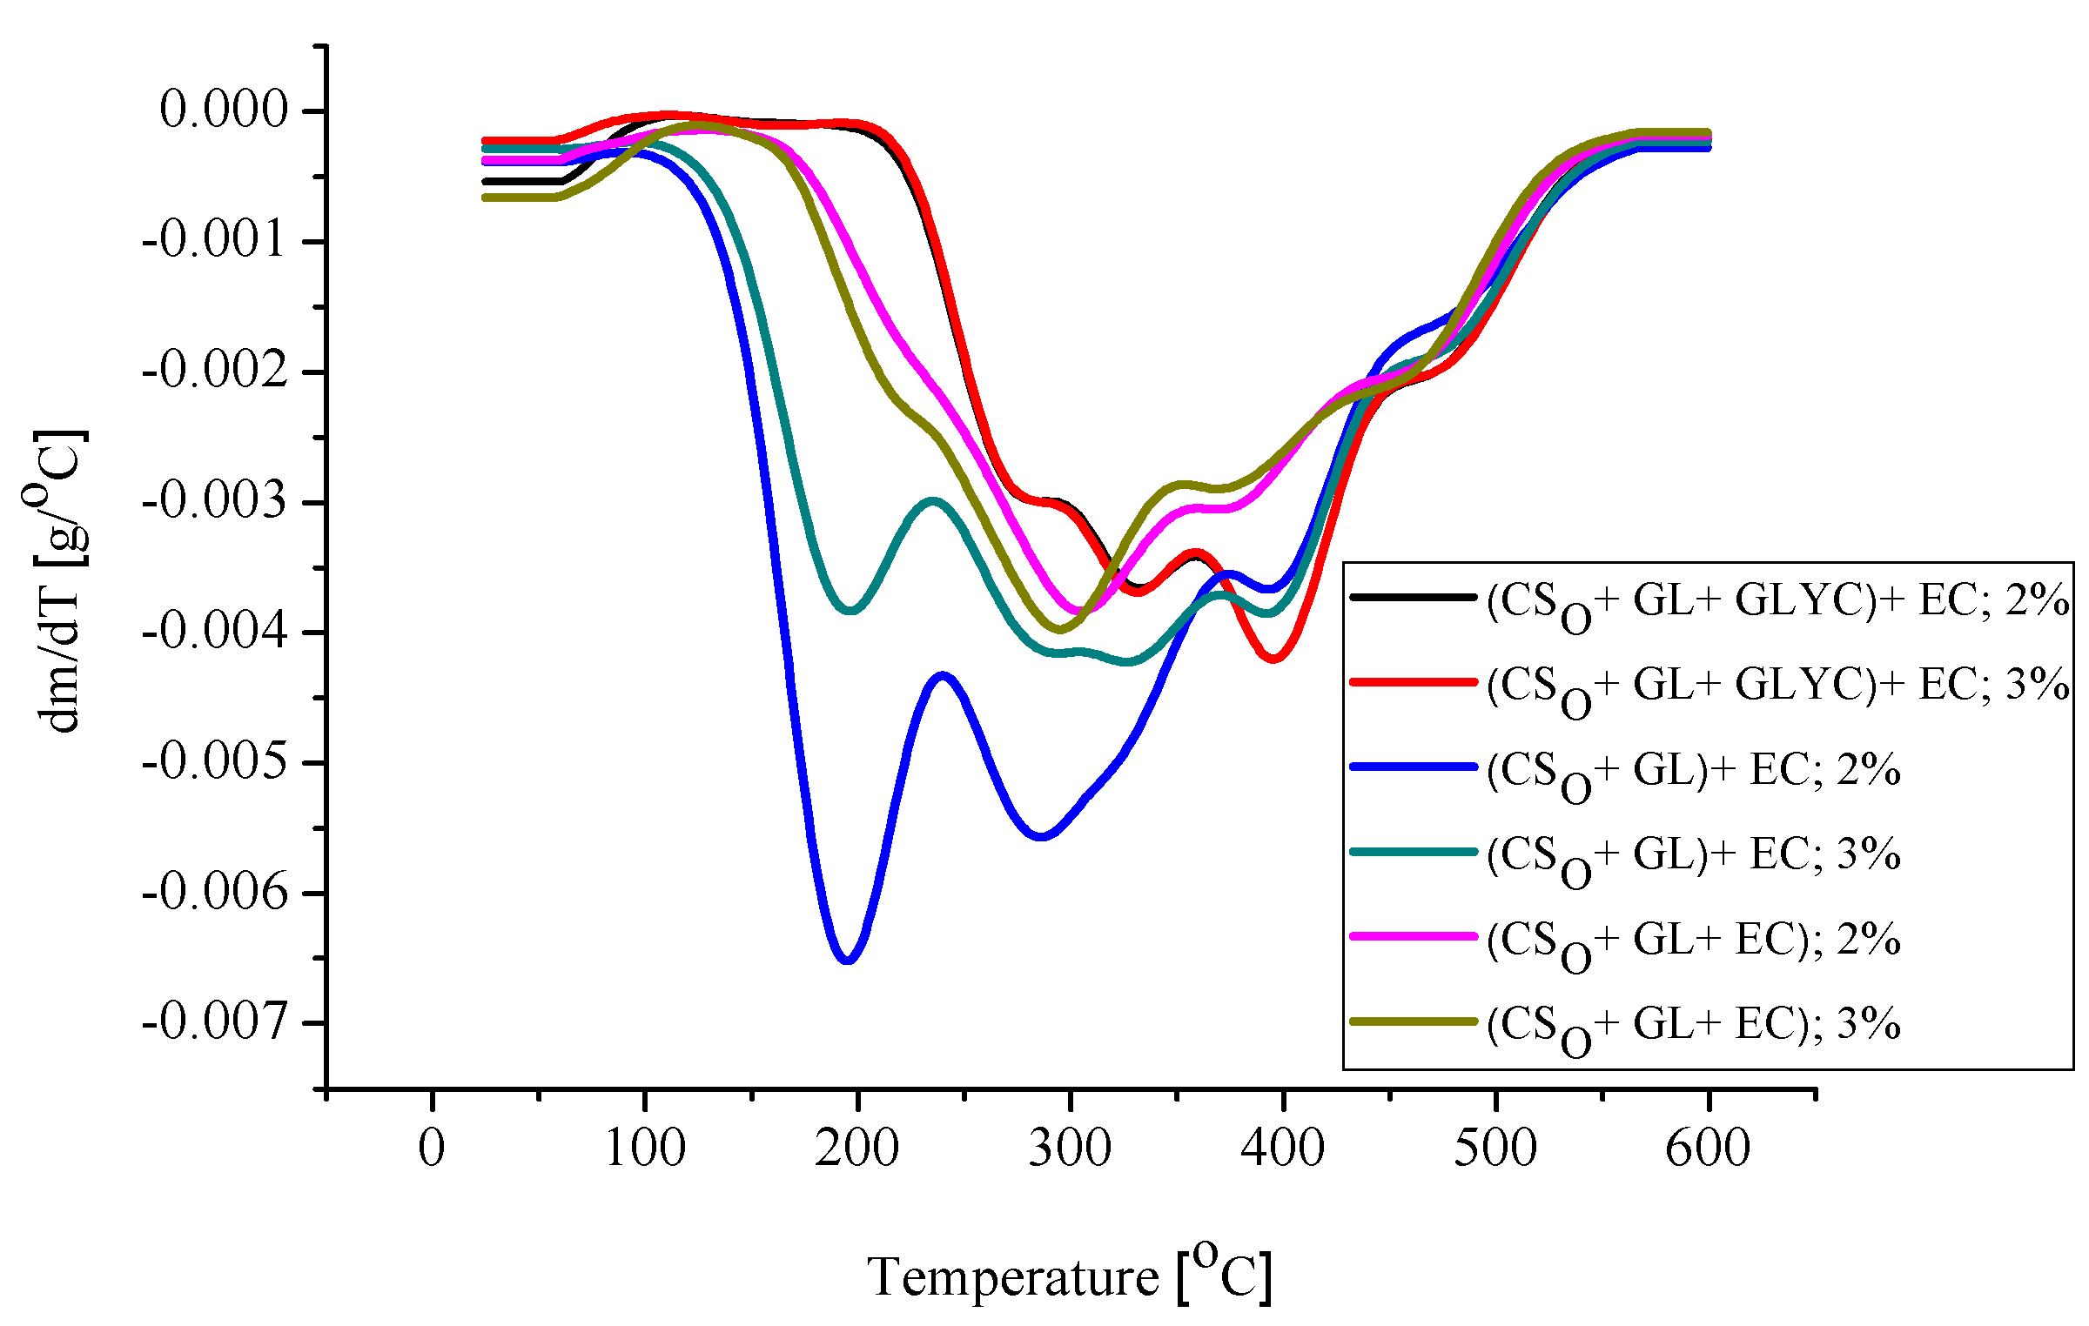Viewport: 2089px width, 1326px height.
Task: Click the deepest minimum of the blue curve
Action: click(848, 960)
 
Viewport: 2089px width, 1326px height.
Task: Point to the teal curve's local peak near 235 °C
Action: click(933, 501)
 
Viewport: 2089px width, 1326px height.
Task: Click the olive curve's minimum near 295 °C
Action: click(1060, 629)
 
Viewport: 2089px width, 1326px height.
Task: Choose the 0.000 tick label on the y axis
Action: click(224, 110)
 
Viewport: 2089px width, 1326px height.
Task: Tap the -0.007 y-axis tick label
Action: click(214, 1021)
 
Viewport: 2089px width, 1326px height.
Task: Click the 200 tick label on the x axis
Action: click(856, 1149)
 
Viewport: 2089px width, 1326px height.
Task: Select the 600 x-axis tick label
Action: click(1708, 1149)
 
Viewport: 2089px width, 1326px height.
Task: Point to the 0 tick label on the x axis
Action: click(432, 1149)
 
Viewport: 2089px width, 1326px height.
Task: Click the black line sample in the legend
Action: click(1413, 597)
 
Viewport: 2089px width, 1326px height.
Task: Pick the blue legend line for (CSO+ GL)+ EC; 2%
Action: click(1413, 767)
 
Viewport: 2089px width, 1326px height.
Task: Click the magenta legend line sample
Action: click(1413, 936)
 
